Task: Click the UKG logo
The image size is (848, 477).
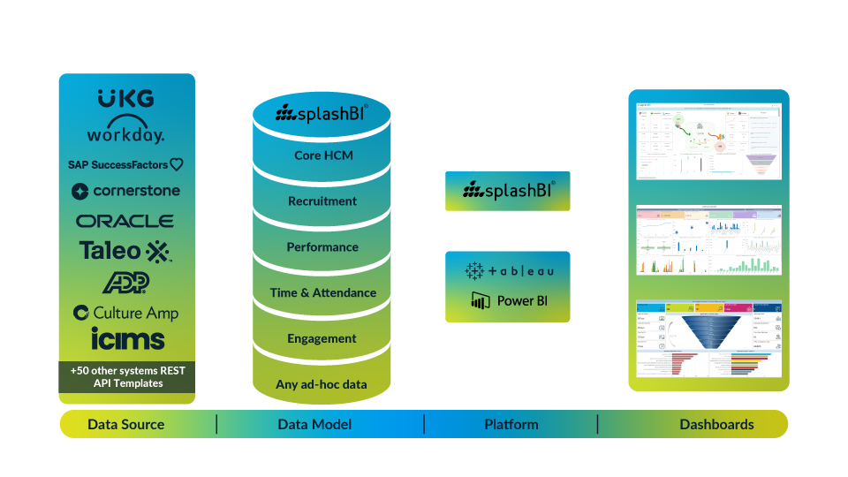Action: click(125, 98)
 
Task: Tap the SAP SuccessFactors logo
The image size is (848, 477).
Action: click(125, 164)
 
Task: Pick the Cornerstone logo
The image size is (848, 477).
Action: click(125, 191)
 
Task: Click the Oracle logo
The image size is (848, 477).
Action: click(125, 221)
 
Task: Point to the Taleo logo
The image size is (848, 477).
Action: click(125, 251)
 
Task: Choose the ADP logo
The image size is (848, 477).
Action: click(125, 282)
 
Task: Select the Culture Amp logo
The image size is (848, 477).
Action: click(125, 313)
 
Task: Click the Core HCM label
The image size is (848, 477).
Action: click(323, 155)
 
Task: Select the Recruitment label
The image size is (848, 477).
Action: click(322, 201)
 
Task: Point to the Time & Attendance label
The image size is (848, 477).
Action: click(323, 292)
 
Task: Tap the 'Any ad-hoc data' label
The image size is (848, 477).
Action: click(322, 384)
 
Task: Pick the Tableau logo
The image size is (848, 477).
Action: click(510, 270)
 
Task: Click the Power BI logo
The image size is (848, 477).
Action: click(510, 300)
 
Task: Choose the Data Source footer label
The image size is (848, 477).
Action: click(126, 424)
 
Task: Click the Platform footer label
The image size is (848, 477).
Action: click(511, 424)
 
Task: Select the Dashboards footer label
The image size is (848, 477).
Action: click(716, 424)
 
